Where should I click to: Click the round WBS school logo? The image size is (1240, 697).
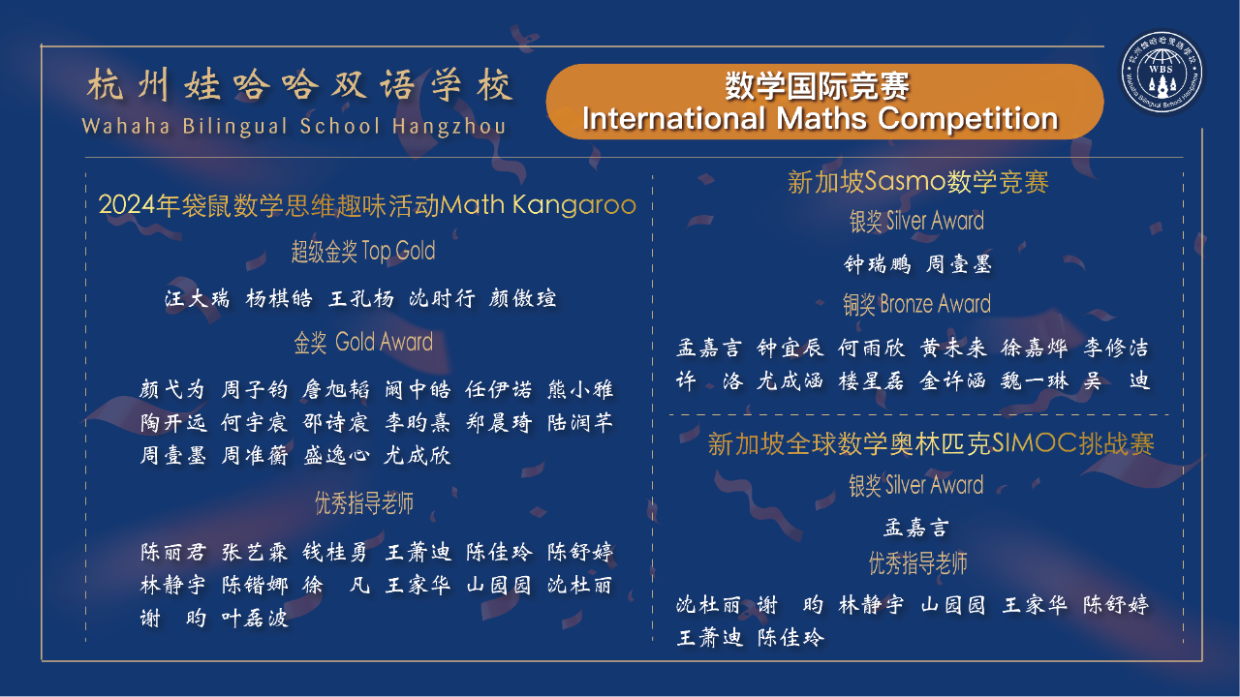point(1162,73)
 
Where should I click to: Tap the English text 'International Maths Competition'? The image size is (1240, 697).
point(820,118)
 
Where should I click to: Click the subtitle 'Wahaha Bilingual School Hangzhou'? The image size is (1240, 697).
point(294,126)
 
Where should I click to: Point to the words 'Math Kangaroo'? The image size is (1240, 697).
point(538,204)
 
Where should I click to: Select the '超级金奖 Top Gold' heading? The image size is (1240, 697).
point(363,251)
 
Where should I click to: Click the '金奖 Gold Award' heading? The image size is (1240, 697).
point(363,342)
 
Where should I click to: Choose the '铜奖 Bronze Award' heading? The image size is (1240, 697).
point(916,304)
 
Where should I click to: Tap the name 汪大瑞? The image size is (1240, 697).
point(197,299)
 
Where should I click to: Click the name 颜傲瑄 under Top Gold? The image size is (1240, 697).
point(522,299)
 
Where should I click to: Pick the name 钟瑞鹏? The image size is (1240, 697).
point(878,264)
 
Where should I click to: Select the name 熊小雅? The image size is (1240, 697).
point(580,389)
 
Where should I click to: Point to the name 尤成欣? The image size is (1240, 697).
point(418,456)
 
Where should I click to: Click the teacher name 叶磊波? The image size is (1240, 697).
point(255,618)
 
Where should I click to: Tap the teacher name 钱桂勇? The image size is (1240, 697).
point(335,552)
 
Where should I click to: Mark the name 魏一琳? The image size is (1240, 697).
point(1035,381)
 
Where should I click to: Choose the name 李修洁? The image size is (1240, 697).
point(1117,348)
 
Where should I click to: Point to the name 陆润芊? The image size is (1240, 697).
point(580,423)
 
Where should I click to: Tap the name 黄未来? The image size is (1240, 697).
point(953,348)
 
